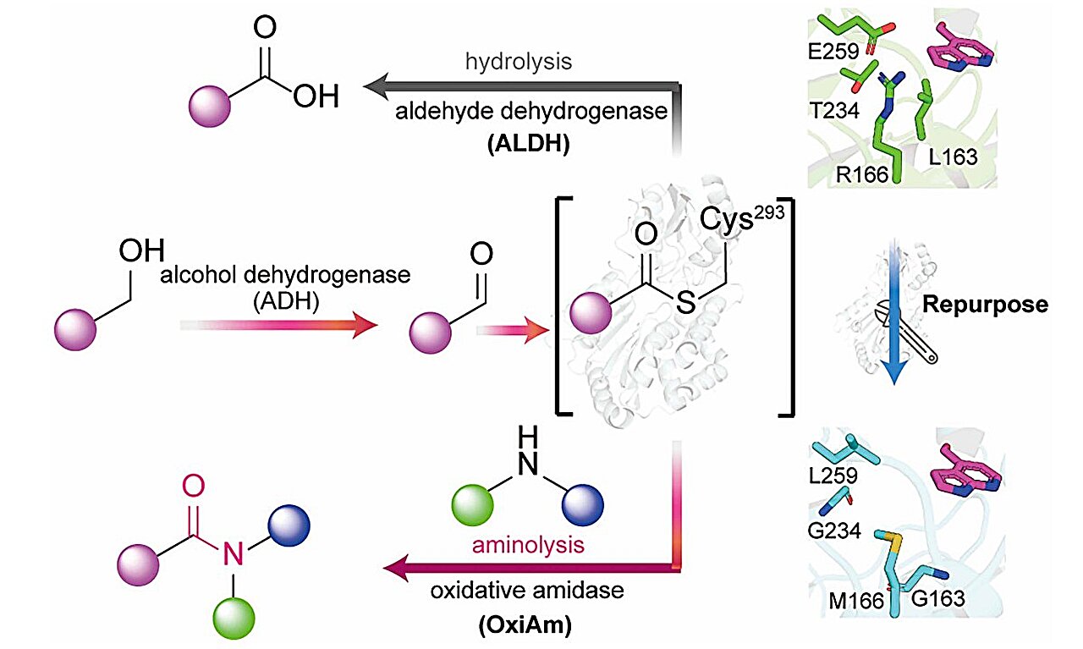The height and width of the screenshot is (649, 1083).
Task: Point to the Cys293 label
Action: (x=741, y=221)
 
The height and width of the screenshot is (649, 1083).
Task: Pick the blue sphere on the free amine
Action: (x=581, y=504)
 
